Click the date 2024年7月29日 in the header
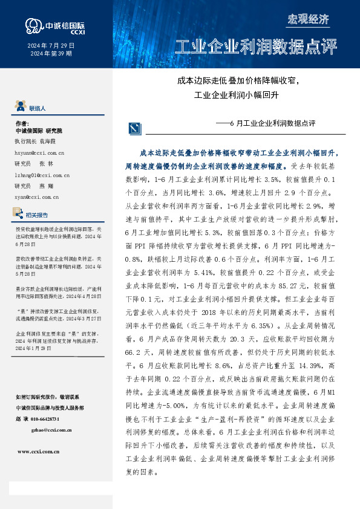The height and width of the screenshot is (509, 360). point(51,45)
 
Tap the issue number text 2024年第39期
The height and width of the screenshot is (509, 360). point(51,54)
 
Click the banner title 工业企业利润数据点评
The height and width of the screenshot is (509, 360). point(255,47)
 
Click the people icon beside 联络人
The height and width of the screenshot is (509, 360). point(20,107)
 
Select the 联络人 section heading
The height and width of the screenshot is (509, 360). point(37,108)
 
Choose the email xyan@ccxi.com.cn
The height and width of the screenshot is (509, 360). point(36,196)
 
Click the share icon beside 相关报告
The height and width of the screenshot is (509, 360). point(19,213)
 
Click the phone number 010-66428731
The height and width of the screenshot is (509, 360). point(54,418)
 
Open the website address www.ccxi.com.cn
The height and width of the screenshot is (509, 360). point(42,451)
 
